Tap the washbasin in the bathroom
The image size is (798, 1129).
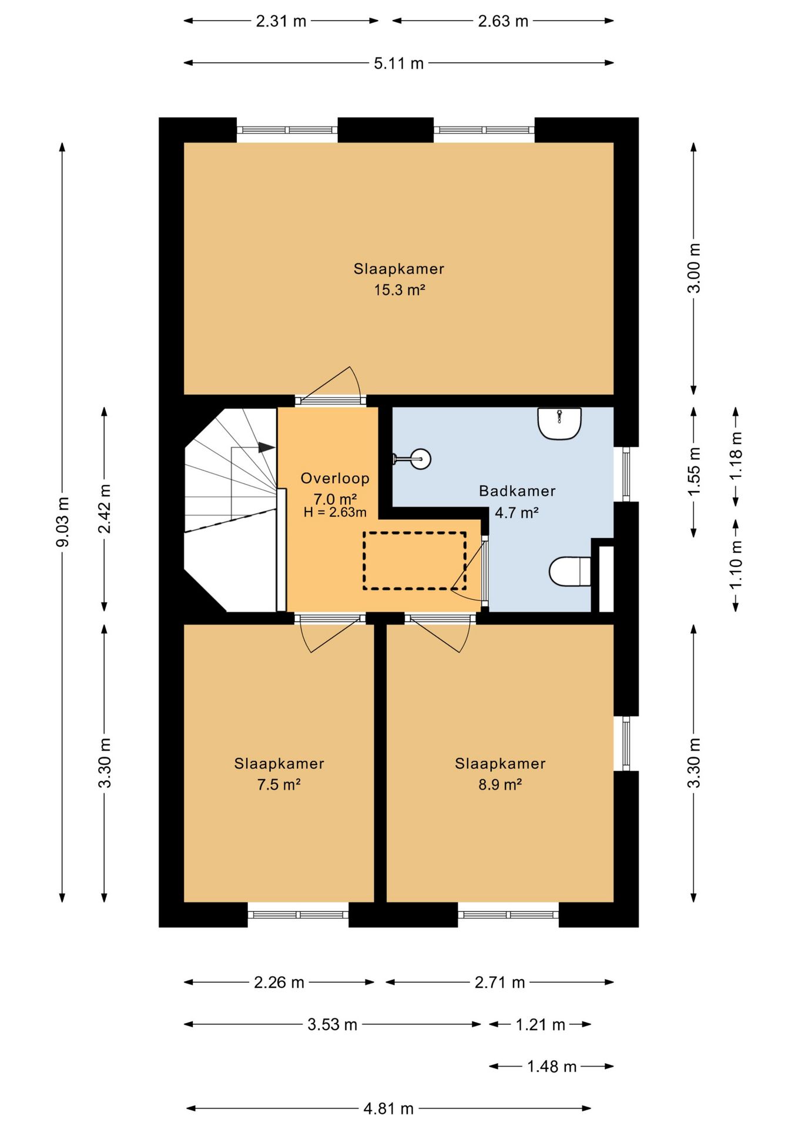[x=559, y=423]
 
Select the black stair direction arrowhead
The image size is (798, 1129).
[x=267, y=447]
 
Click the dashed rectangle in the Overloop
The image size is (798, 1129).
[x=414, y=560]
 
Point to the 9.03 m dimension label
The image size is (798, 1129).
[x=62, y=521]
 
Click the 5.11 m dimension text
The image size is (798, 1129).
[x=399, y=63]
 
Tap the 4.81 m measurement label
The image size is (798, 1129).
[x=388, y=1108]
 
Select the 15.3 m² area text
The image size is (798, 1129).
[x=400, y=289]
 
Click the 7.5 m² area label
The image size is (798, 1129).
[x=279, y=784]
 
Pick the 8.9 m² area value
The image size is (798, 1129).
[x=500, y=784]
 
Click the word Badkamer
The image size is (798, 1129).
[x=517, y=490]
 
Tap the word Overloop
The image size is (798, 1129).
[x=335, y=478]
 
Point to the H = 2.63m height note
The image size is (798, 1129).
[x=335, y=512]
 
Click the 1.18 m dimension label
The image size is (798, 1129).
[x=736, y=456]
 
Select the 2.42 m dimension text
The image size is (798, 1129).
[x=104, y=509]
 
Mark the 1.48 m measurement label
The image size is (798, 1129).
[x=552, y=1066]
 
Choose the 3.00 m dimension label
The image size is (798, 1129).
[x=694, y=268]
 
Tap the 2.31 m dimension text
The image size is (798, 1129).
[x=281, y=21]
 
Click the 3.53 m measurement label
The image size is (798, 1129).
[x=332, y=1024]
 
